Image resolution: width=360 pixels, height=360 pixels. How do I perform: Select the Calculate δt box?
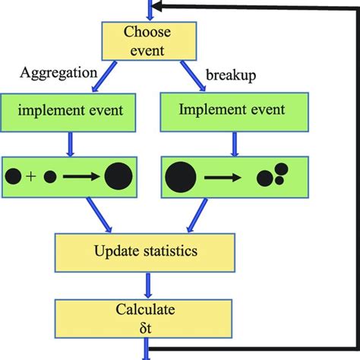(147, 317)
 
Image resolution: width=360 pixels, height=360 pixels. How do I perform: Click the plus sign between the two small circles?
(31, 177)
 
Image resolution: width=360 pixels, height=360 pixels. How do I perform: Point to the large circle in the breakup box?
(181, 178)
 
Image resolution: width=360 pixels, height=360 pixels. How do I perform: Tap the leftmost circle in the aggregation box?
(13, 177)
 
